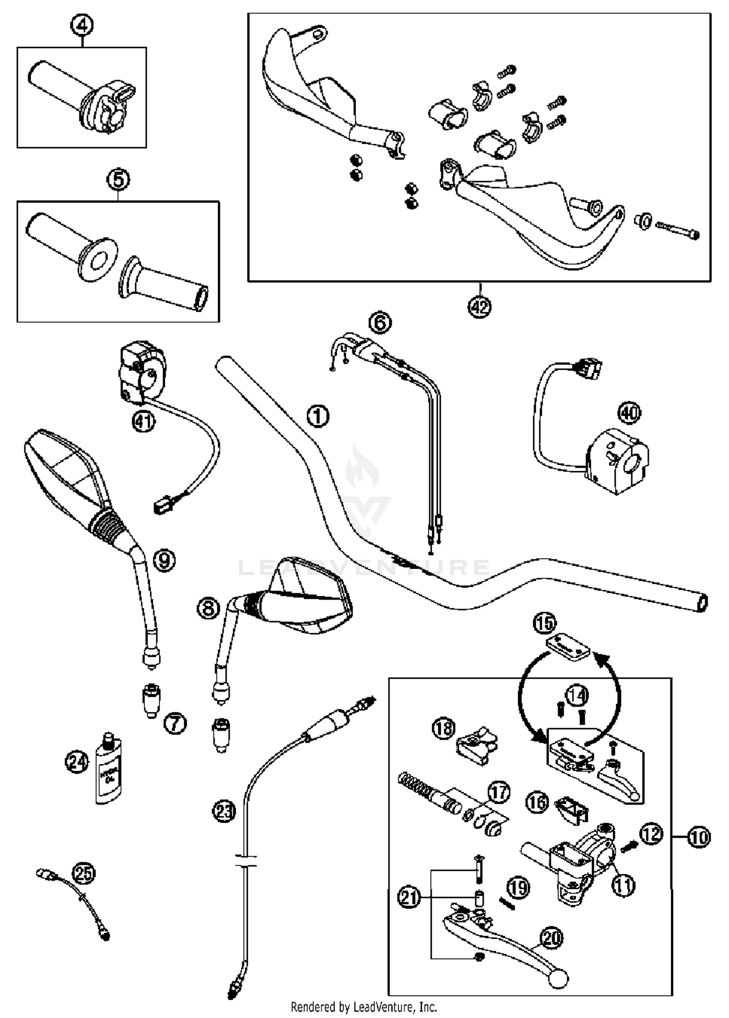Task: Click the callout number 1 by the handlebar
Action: [x=318, y=416]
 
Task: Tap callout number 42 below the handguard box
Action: [x=480, y=306]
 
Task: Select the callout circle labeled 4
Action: [x=82, y=25]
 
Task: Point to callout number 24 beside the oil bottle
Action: [x=77, y=762]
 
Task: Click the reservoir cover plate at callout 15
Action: [x=567, y=647]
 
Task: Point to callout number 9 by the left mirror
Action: [x=164, y=561]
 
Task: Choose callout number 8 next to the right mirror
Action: [x=208, y=608]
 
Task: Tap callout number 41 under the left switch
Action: [x=143, y=422]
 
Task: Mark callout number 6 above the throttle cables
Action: [x=380, y=322]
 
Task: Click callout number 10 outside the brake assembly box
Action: [x=699, y=837]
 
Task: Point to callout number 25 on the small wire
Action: [x=84, y=874]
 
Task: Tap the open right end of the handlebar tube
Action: [x=702, y=603]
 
